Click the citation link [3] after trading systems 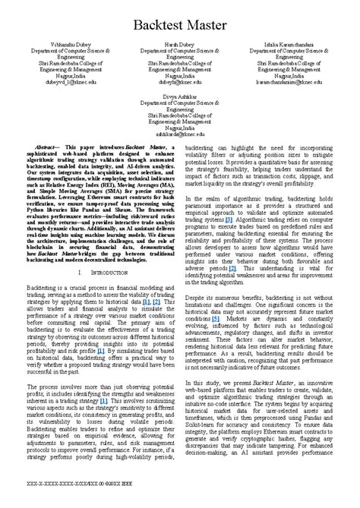(x=229, y=219)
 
